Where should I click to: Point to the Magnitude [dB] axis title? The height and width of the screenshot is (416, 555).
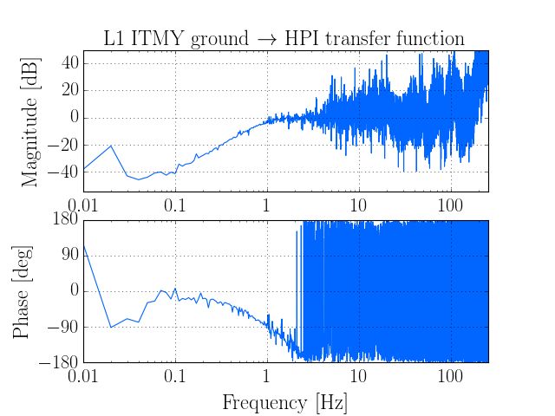(31, 121)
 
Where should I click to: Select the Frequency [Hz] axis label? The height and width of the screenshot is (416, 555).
(285, 403)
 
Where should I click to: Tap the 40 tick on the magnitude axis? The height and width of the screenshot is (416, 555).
(69, 63)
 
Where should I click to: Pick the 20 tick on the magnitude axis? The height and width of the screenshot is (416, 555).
(69, 90)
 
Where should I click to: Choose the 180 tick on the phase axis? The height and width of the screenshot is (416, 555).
(65, 220)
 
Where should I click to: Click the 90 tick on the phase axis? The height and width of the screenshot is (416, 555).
(69, 256)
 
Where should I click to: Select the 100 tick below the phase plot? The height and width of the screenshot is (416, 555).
(450, 377)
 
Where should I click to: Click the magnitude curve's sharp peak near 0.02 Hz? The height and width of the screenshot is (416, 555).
(111, 146)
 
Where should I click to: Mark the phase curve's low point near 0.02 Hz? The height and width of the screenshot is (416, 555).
(111, 327)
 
